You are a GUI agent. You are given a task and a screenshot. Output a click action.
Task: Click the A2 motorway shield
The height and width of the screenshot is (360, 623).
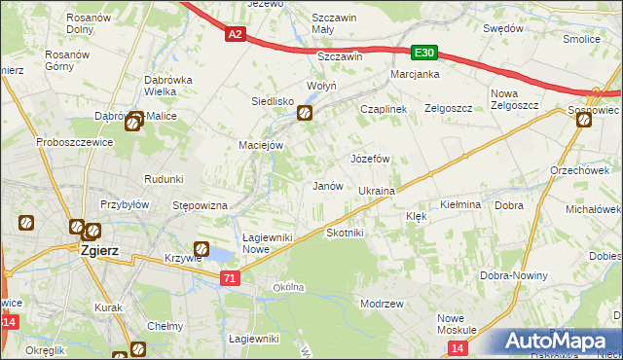click(x=236, y=35)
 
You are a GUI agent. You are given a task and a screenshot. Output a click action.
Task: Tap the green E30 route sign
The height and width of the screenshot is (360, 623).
click(x=423, y=54)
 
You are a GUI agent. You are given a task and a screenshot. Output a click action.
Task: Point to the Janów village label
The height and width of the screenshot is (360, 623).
click(x=326, y=185)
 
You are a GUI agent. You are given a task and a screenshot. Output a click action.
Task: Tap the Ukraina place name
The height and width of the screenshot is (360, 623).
click(x=376, y=191)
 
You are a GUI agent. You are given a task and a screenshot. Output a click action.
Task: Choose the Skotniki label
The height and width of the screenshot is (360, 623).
click(x=345, y=234)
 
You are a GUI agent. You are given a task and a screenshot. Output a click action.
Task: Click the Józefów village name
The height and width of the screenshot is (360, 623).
click(x=370, y=158)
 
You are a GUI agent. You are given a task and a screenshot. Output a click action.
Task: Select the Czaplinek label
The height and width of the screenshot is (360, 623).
click(x=383, y=110)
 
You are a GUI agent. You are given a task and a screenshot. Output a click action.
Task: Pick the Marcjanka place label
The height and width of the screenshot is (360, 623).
click(x=416, y=74)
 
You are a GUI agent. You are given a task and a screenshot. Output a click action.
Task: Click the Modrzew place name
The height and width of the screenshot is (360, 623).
click(x=382, y=304)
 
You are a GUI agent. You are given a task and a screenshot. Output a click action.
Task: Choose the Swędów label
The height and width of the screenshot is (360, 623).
click(x=503, y=29)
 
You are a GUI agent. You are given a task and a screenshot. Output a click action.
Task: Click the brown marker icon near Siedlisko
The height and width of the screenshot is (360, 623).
click(x=305, y=115)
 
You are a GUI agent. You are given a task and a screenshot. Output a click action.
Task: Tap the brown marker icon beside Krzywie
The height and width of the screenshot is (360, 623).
click(x=202, y=249)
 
